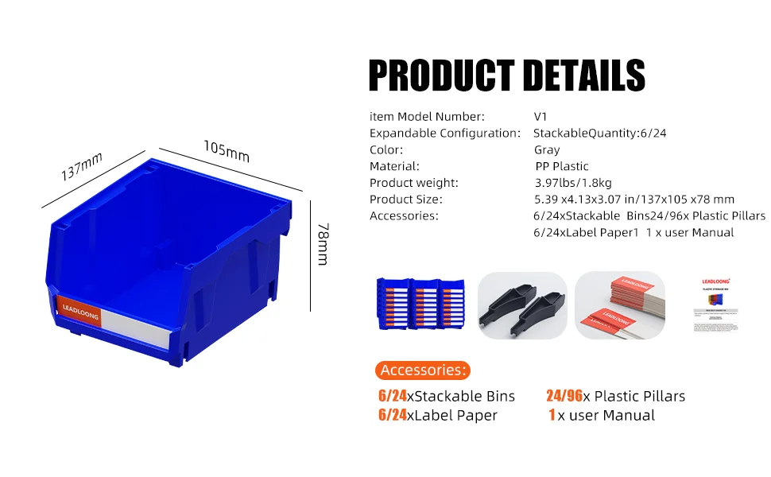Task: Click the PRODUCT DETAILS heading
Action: [x=506, y=76]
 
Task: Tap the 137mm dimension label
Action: [x=83, y=167]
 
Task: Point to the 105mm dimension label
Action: [x=226, y=151]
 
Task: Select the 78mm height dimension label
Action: [x=322, y=244]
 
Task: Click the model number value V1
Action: [x=540, y=117]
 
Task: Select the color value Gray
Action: [x=547, y=150]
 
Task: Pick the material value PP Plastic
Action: [x=562, y=167]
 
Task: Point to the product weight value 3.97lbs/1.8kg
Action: [x=572, y=184]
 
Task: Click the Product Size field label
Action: [x=406, y=200]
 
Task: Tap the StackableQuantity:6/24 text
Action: [x=599, y=134]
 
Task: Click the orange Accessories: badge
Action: [x=422, y=370]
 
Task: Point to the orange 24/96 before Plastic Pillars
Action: [x=564, y=396]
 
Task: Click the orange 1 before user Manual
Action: [x=551, y=415]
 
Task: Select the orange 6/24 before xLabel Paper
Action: [x=393, y=415]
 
